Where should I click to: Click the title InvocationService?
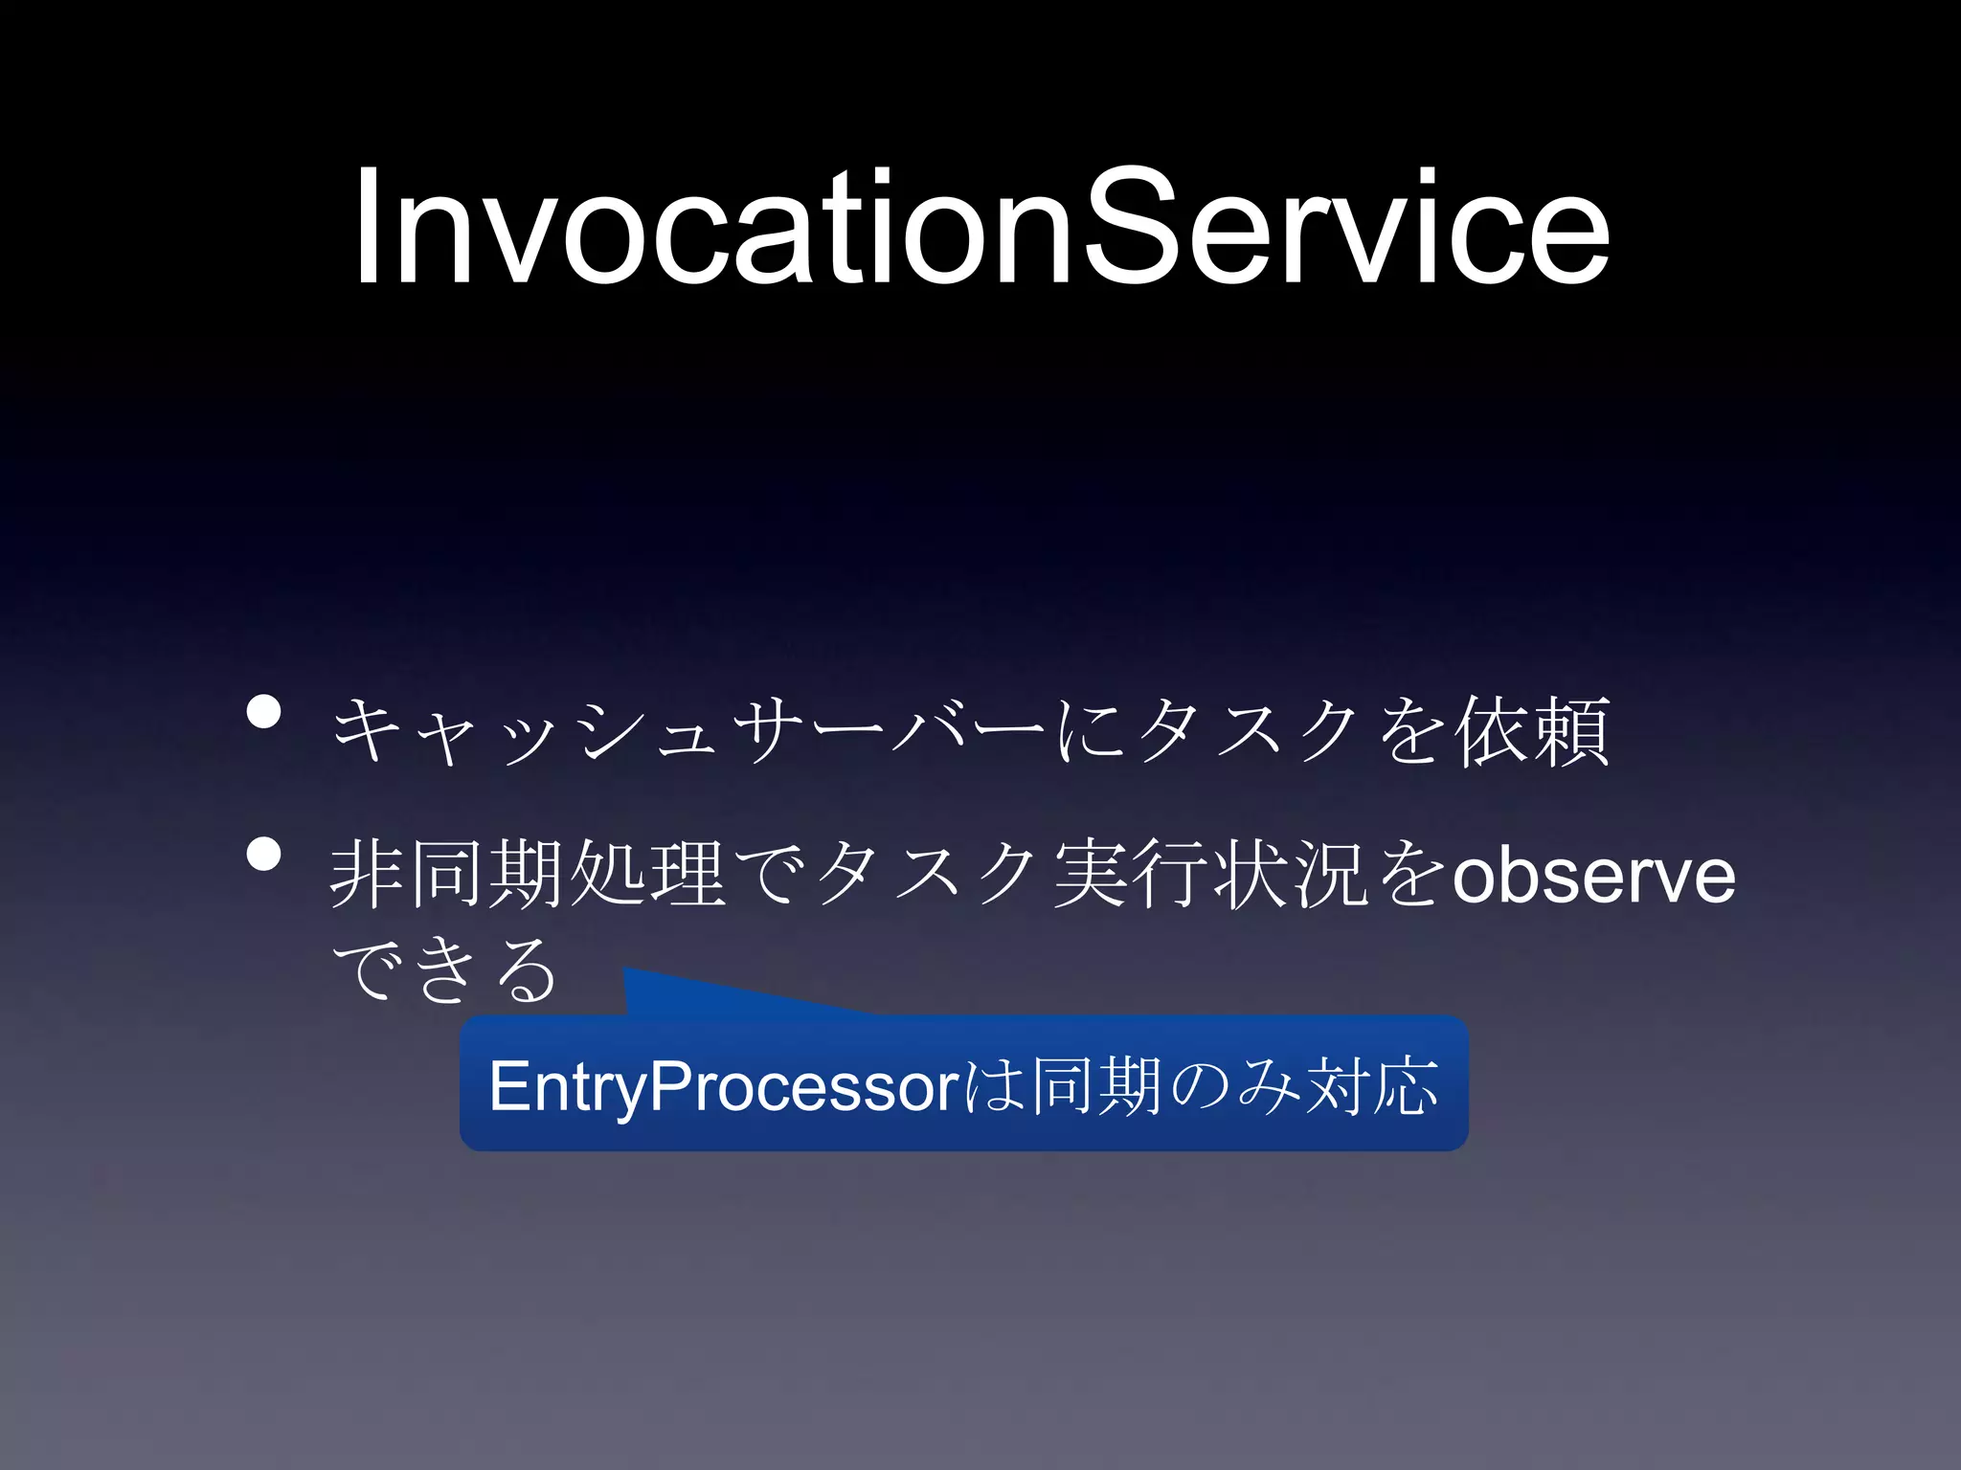tap(980, 228)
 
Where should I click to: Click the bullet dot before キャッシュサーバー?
tap(263, 712)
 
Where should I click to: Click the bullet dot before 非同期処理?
tap(263, 854)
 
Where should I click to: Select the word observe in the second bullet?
tap(1593, 875)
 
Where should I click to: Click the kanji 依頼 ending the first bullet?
tap(1532, 731)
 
